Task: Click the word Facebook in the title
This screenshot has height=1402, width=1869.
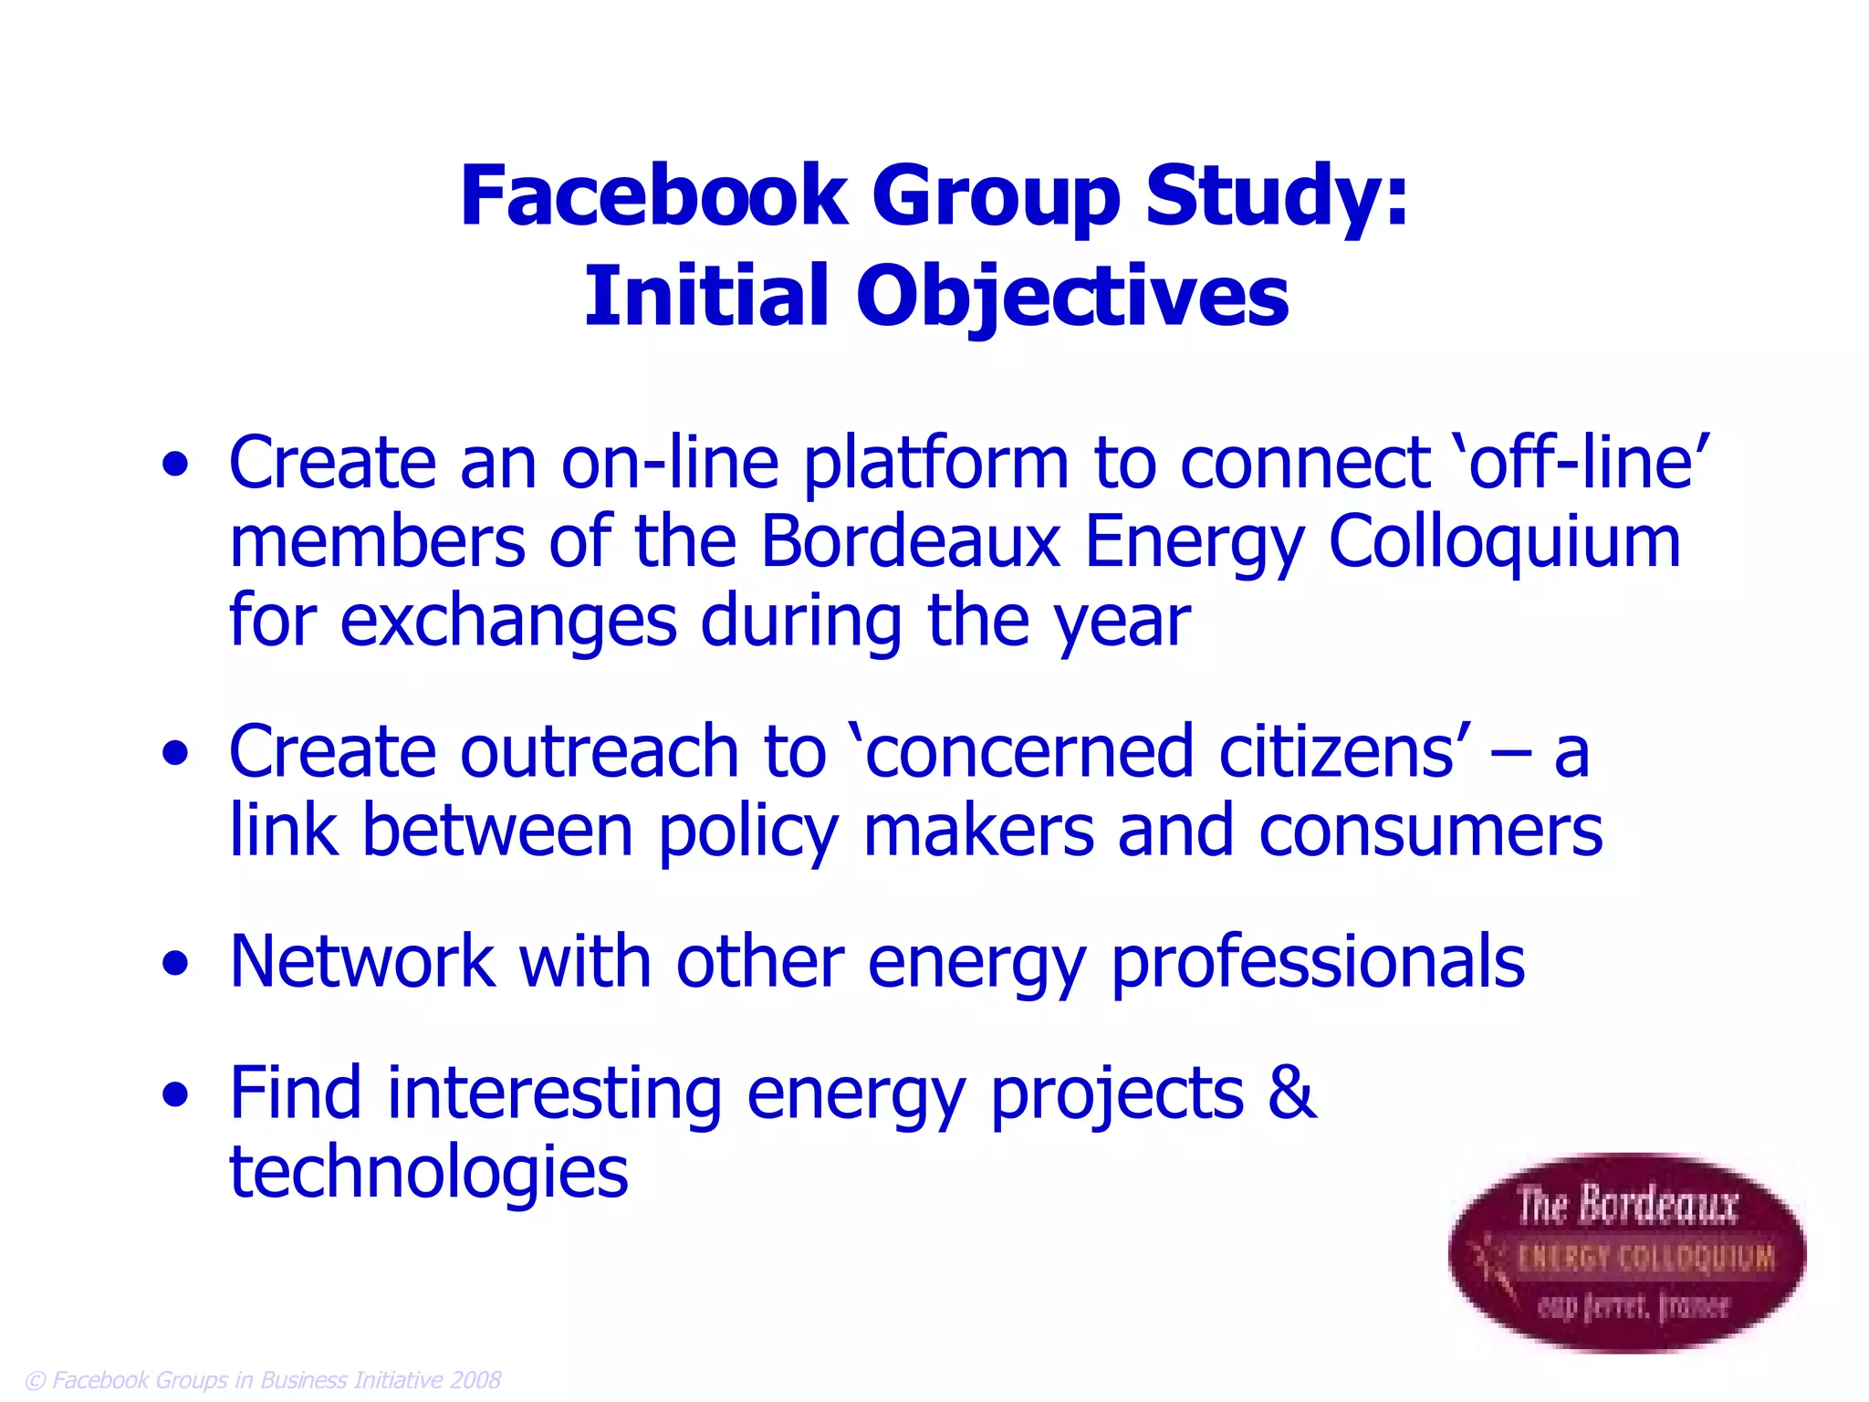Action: click(x=653, y=196)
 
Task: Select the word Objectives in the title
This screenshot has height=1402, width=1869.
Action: click(x=1072, y=298)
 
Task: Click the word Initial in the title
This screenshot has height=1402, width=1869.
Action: click(x=705, y=296)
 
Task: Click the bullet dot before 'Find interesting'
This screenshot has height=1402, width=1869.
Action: click(x=175, y=1094)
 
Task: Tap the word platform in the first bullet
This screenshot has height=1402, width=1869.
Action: click(x=935, y=465)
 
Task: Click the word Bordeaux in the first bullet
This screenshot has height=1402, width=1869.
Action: click(x=910, y=542)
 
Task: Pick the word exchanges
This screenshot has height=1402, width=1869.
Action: click(x=508, y=622)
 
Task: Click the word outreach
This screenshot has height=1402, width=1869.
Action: click(x=599, y=752)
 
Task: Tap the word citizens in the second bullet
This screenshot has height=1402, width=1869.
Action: click(x=1336, y=752)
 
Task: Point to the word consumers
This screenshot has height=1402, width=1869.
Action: click(x=1430, y=831)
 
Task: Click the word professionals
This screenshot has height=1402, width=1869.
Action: click(x=1318, y=964)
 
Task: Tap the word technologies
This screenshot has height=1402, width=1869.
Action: click(x=428, y=1174)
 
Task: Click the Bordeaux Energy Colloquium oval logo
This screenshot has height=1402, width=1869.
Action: click(x=1627, y=1252)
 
